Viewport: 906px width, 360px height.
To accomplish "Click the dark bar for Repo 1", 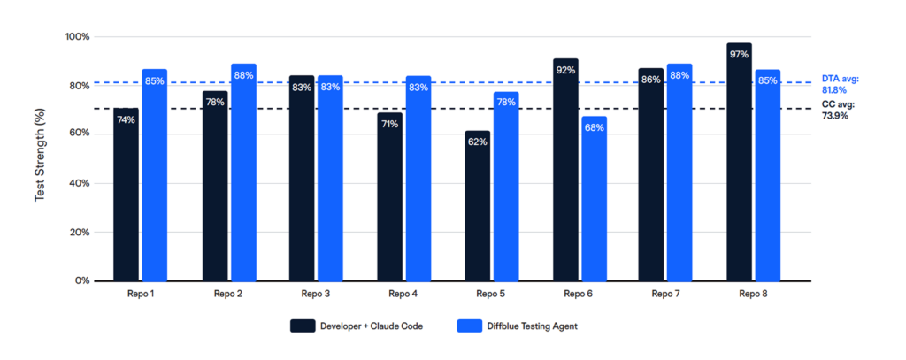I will point(126,195).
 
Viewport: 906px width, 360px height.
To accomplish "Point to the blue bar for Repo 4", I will point(418,178).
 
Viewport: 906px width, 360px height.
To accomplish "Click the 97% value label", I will point(739,55).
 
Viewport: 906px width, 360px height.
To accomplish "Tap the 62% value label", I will point(477,142).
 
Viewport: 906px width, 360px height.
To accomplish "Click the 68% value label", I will point(594,127).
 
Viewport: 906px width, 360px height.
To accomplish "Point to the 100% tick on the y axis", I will point(78,37).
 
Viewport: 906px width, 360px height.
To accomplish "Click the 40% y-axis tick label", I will point(81,183).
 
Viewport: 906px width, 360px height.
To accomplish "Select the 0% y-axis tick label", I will point(83,280).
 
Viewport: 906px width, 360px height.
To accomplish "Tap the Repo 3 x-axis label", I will point(316,294).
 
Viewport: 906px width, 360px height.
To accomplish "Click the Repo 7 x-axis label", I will point(666,294).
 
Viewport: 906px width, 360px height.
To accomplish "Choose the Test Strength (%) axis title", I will point(40,159).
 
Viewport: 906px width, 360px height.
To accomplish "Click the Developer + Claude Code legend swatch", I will point(302,326).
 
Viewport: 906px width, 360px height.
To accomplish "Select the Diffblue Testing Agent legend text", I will point(532,326).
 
